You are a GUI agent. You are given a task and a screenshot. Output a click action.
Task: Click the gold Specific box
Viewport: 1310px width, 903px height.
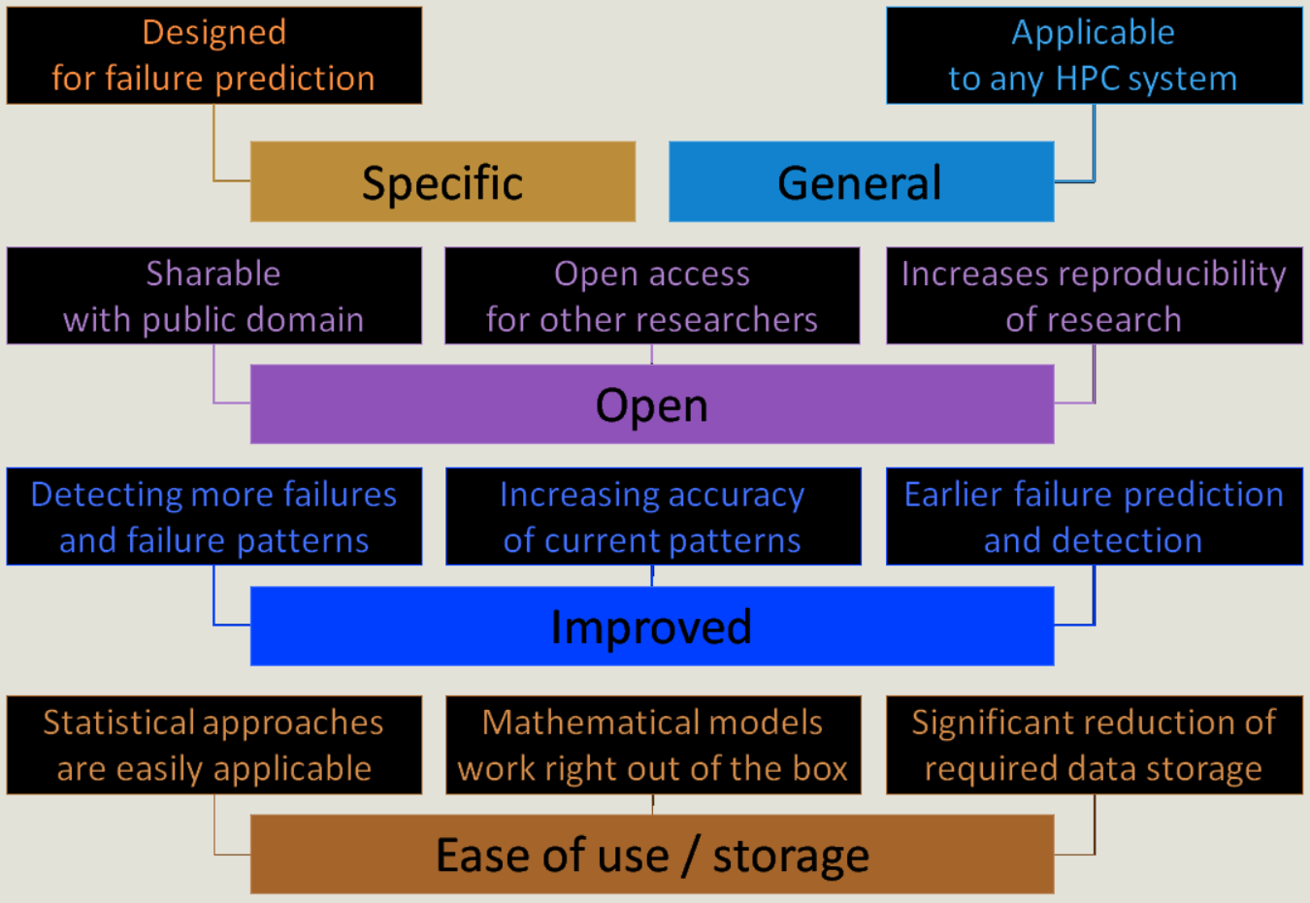click(442, 182)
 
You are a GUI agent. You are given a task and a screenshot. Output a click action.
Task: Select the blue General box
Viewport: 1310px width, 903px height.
click(861, 182)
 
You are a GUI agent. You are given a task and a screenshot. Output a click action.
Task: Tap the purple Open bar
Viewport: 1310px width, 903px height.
click(651, 404)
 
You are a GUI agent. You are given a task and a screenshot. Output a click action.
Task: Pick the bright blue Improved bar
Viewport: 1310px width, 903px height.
click(651, 627)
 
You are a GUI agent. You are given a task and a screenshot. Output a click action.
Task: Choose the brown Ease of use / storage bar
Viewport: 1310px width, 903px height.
click(651, 855)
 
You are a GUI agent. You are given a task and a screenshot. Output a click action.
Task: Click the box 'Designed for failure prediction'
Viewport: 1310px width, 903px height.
click(213, 55)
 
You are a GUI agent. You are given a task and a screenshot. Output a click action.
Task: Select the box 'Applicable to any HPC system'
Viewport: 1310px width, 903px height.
click(1094, 55)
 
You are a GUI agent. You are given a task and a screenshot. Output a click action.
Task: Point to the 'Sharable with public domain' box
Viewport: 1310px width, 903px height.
click(213, 296)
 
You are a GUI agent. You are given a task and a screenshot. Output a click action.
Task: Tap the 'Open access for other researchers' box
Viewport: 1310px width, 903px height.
click(651, 296)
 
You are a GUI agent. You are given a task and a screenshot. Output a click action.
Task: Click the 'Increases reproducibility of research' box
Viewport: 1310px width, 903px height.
click(1094, 296)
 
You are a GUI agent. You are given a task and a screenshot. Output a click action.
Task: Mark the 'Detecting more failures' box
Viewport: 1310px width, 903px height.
click(213, 517)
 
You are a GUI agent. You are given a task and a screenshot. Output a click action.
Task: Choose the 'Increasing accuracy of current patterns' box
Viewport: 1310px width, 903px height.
click(652, 517)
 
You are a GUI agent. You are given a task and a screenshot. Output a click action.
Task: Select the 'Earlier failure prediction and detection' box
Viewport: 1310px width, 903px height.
click(1094, 517)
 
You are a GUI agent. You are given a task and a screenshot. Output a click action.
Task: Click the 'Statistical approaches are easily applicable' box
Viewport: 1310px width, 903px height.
click(213, 745)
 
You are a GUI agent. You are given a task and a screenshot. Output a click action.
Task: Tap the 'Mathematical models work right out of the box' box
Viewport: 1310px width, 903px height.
click(652, 745)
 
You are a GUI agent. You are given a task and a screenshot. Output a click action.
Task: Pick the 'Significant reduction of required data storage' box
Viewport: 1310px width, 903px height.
click(1094, 745)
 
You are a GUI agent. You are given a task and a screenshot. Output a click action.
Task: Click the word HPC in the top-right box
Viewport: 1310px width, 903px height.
click(1088, 79)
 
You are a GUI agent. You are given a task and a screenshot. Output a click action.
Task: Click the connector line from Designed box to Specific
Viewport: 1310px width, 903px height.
click(214, 145)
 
